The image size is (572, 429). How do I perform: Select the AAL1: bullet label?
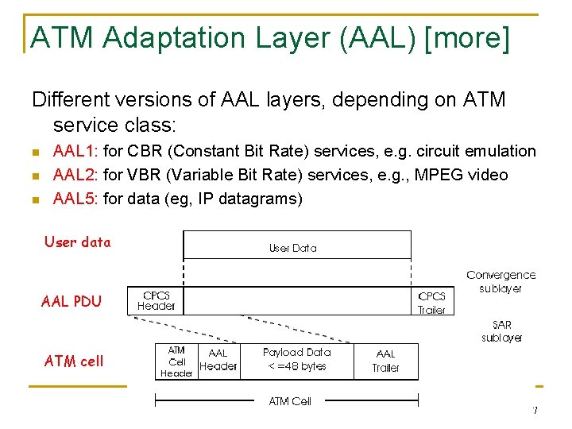75,151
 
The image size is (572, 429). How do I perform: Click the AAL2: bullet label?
75,175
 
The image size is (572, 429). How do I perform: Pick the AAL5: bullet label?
75,199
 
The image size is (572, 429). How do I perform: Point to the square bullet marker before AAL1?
35,152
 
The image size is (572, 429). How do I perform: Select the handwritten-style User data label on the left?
78,242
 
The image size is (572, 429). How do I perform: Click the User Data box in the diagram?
293,248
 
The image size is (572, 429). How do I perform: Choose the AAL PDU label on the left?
71,302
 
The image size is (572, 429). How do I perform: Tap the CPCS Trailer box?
431,303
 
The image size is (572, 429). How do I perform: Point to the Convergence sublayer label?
500,281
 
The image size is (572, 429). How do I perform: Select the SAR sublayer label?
501,331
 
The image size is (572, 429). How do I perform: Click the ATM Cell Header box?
176,361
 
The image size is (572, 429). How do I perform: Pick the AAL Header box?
218,360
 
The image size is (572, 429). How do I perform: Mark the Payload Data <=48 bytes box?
296,359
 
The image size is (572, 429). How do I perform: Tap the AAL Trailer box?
385,361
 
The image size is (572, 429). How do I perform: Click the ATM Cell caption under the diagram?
290,401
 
